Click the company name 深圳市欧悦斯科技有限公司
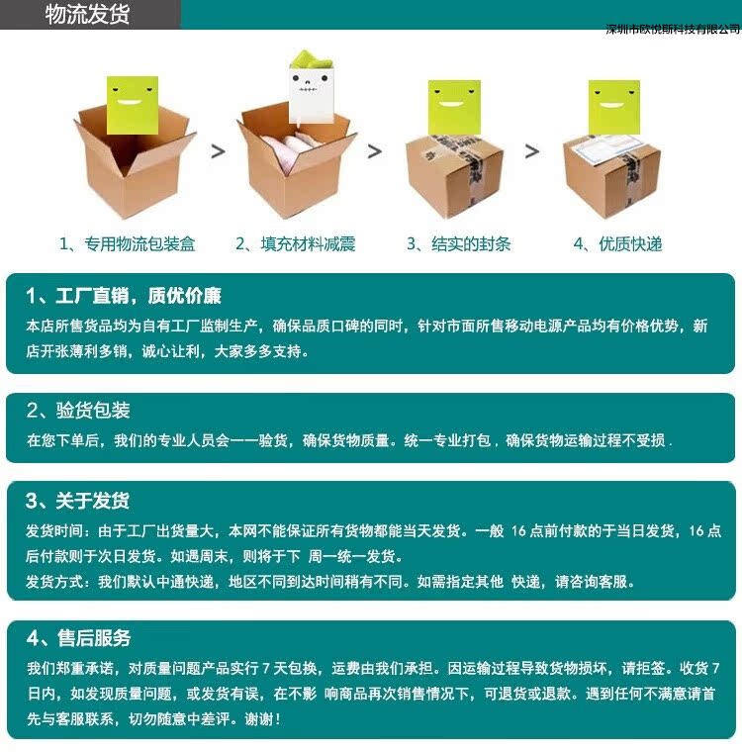click(673, 30)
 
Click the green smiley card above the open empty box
click(133, 105)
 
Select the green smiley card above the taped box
click(454, 107)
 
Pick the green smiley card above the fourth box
click(614, 107)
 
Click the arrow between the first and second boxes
click(218, 151)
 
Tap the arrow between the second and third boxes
click(375, 151)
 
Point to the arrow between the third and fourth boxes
click(531, 151)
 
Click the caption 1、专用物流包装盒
click(128, 243)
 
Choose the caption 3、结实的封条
click(458, 243)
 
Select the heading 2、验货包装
click(78, 411)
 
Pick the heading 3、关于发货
click(78, 501)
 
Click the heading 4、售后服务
click(78, 638)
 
